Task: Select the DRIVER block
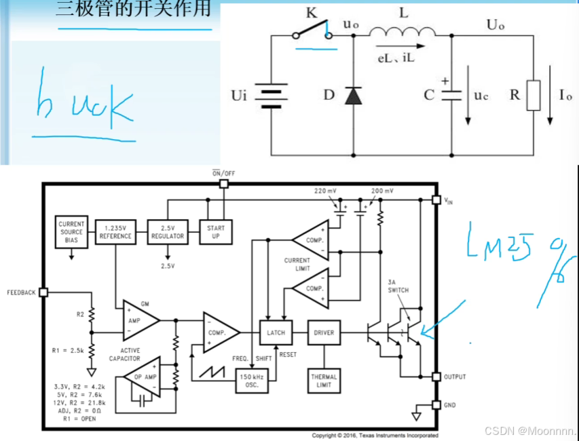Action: coord(323,333)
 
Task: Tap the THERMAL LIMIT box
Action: coord(323,381)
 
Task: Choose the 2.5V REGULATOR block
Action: coord(166,232)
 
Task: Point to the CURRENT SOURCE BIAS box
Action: coord(71,232)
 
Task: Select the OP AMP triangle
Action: coord(143,377)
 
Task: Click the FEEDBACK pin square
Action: coord(43,292)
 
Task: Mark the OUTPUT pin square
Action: coord(436,377)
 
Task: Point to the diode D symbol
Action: coord(353,96)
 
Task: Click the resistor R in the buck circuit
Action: coord(534,95)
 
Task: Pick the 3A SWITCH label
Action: coord(399,286)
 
